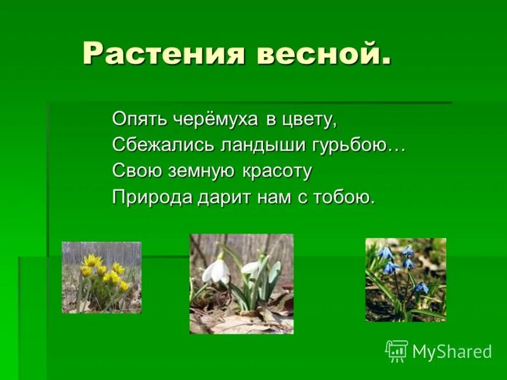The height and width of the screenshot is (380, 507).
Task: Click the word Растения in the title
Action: point(164,53)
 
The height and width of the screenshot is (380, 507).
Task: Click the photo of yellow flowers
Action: point(101,277)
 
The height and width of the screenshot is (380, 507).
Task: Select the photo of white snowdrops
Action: point(241,284)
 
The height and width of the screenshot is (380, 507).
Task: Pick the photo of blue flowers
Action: point(406,280)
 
